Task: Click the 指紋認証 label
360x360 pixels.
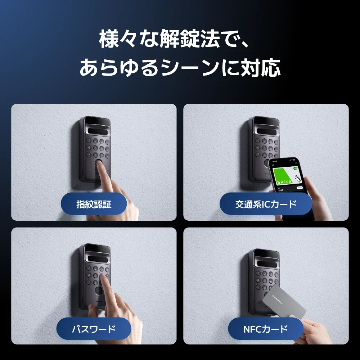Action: coord(94,204)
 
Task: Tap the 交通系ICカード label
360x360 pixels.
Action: coord(266,204)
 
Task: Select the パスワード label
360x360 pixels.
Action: coord(94,329)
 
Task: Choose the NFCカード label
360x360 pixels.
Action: coord(266,329)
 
